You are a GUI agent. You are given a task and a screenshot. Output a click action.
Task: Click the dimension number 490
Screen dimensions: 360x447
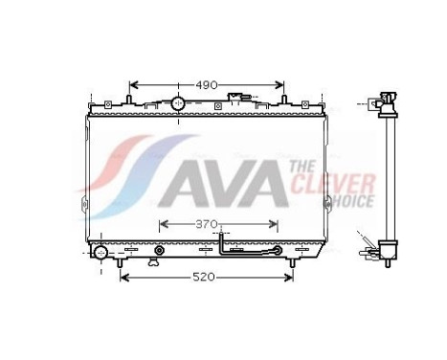point(206,84)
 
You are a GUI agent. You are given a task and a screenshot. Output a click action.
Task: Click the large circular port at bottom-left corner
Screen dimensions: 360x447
point(101,253)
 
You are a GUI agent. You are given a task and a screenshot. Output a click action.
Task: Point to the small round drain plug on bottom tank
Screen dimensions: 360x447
point(158,254)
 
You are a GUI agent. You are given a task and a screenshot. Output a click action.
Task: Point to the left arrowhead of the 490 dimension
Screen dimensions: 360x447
point(132,84)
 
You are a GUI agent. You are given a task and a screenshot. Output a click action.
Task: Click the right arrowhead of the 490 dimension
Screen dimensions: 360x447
point(281,84)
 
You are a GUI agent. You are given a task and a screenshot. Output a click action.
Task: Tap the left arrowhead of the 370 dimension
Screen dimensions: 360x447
point(162,224)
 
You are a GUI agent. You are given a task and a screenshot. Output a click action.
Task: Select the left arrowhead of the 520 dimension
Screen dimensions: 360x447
point(123,277)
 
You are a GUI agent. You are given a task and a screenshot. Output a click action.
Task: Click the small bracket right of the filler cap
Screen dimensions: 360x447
point(236,99)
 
